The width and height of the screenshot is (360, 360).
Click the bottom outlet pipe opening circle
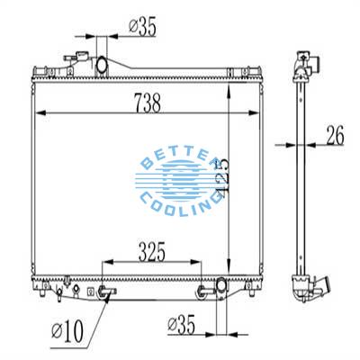coord(220,289)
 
